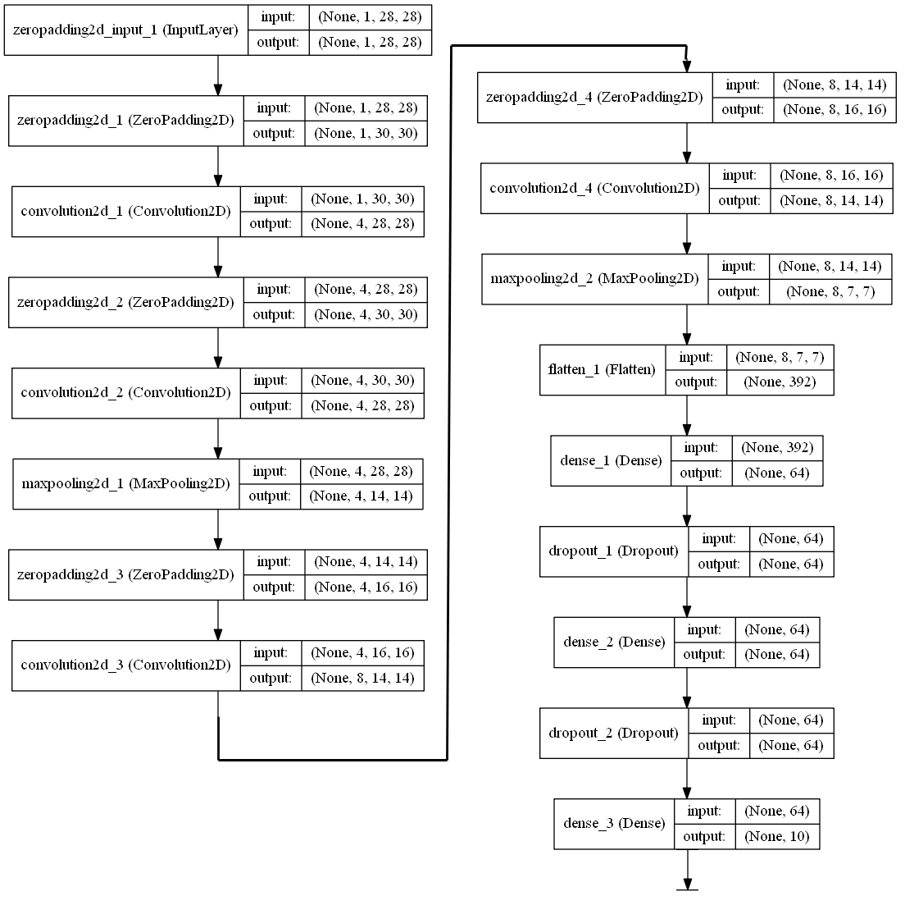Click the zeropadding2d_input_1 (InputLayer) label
pos(126,30)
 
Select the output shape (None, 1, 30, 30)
pos(365,134)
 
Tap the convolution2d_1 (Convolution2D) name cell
pos(126,212)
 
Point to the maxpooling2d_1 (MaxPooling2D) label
pos(125,484)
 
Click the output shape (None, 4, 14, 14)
pos(362,496)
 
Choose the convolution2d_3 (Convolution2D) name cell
pos(126,665)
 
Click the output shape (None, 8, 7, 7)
pos(830,291)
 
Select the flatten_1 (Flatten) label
pos(602,370)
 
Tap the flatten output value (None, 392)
pos(780,382)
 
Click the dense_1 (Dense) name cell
pos(611,460)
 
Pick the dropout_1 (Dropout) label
pos(613,551)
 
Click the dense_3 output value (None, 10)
pos(776,837)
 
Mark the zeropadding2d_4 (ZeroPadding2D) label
pos(595,98)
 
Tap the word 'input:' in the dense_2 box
pos(704,629)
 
